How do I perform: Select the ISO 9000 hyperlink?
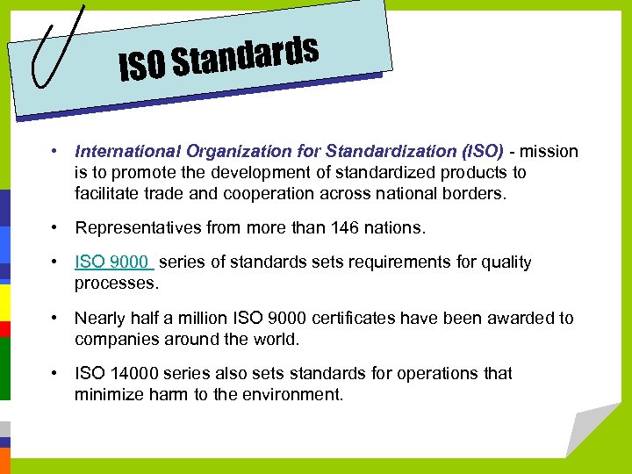click(113, 262)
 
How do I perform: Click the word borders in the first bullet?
click(475, 194)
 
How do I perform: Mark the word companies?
click(116, 340)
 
